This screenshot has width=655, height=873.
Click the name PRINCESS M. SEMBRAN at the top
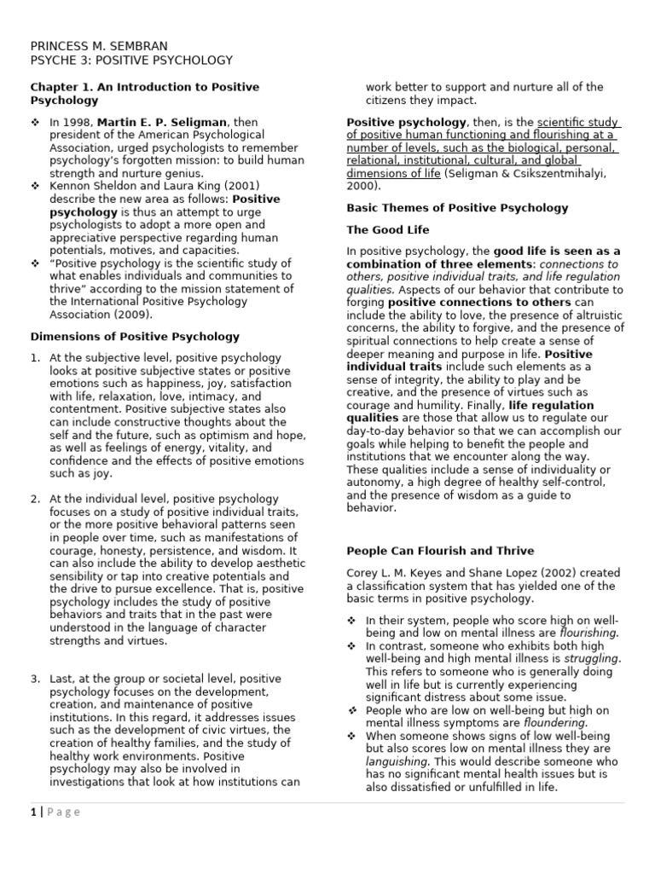click(x=99, y=45)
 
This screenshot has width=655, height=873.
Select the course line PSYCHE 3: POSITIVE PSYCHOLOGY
click(x=131, y=60)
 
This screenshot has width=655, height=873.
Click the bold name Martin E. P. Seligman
click(x=164, y=122)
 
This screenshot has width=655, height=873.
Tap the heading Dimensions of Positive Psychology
click(x=135, y=337)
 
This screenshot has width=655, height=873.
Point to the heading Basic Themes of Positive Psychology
click(x=457, y=207)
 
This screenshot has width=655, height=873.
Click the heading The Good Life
click(x=387, y=229)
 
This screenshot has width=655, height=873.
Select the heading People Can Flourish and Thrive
click(x=440, y=551)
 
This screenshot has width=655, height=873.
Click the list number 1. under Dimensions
click(x=36, y=358)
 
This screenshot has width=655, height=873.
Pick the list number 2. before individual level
click(x=36, y=498)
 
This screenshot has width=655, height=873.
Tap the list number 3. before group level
click(x=36, y=678)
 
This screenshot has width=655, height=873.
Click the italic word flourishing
click(x=588, y=633)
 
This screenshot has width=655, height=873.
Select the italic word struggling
click(x=591, y=659)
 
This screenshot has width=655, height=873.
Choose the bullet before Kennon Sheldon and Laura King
click(x=35, y=186)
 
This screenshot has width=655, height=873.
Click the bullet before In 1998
click(x=35, y=122)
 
